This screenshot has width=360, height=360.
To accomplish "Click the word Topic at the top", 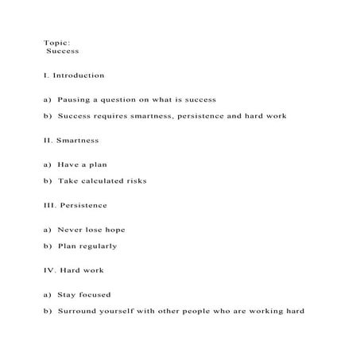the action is tap(56, 42).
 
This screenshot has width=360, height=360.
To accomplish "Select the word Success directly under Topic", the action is tap(63, 51).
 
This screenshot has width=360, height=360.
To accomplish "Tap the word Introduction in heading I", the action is tap(79, 75).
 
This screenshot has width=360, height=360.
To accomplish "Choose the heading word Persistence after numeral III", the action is tap(83, 205).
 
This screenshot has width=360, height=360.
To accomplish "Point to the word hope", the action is tap(114, 230).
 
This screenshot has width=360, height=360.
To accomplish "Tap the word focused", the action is tap(96, 295).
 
